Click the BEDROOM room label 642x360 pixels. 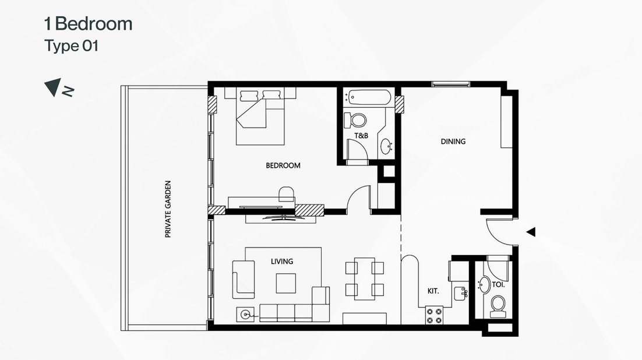(x=283, y=165)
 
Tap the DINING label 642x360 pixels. (x=453, y=141)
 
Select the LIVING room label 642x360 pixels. (x=281, y=262)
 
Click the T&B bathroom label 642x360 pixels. (x=361, y=136)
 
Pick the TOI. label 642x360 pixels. (x=498, y=285)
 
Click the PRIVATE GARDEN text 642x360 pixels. (x=168, y=208)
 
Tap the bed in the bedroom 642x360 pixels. (x=261, y=115)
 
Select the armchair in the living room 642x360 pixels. (x=243, y=278)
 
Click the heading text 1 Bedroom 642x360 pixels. (x=89, y=24)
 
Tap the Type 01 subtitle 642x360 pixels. (x=71, y=47)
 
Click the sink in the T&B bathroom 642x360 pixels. (x=387, y=146)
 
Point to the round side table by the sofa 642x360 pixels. (x=245, y=315)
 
